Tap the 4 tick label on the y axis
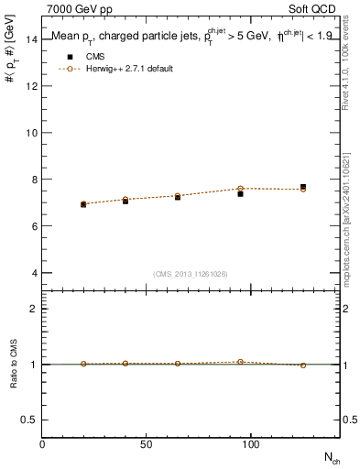pos(34,273)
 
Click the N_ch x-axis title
pos(331,457)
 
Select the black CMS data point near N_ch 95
pos(240,194)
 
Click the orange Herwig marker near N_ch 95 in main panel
pos(240,189)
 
